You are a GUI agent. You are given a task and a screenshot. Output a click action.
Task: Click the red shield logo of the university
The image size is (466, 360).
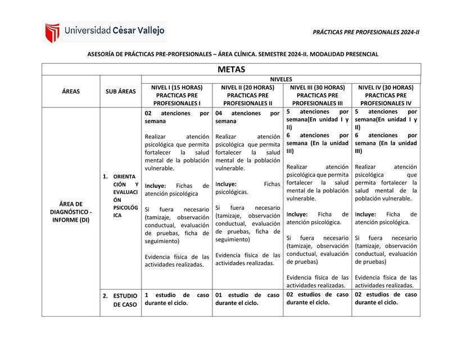(x=52, y=33)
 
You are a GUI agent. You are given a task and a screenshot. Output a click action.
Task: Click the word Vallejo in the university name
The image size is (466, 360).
(x=148, y=31)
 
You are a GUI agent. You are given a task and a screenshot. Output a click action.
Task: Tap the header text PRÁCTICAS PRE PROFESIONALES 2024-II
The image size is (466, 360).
(x=366, y=32)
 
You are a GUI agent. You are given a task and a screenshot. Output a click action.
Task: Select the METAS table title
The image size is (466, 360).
(x=232, y=70)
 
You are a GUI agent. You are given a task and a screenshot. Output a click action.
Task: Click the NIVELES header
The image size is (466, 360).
(x=281, y=79)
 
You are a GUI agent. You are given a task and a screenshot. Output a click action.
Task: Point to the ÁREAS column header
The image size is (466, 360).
(x=71, y=91)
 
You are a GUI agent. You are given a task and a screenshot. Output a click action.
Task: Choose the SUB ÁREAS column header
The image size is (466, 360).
(x=120, y=91)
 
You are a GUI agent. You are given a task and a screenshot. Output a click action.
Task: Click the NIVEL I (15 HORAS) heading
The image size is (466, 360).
(x=177, y=88)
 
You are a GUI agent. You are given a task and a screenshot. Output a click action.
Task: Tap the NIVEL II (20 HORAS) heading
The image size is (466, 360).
(x=247, y=88)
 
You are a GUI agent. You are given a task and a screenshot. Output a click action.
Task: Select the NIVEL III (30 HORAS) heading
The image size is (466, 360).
(x=318, y=88)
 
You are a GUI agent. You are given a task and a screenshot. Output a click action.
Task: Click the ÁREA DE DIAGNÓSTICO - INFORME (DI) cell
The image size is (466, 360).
(x=71, y=211)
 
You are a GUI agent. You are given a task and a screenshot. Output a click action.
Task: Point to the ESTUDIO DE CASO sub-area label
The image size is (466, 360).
(x=125, y=300)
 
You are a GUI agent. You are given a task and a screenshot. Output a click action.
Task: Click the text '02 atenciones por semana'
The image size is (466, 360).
(x=177, y=117)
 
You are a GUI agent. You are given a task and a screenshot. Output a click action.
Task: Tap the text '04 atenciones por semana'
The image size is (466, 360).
(x=247, y=117)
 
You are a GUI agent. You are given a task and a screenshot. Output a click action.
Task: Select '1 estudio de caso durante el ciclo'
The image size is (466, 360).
(x=177, y=299)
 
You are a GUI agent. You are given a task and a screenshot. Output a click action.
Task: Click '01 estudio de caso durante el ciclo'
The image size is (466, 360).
(x=247, y=299)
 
